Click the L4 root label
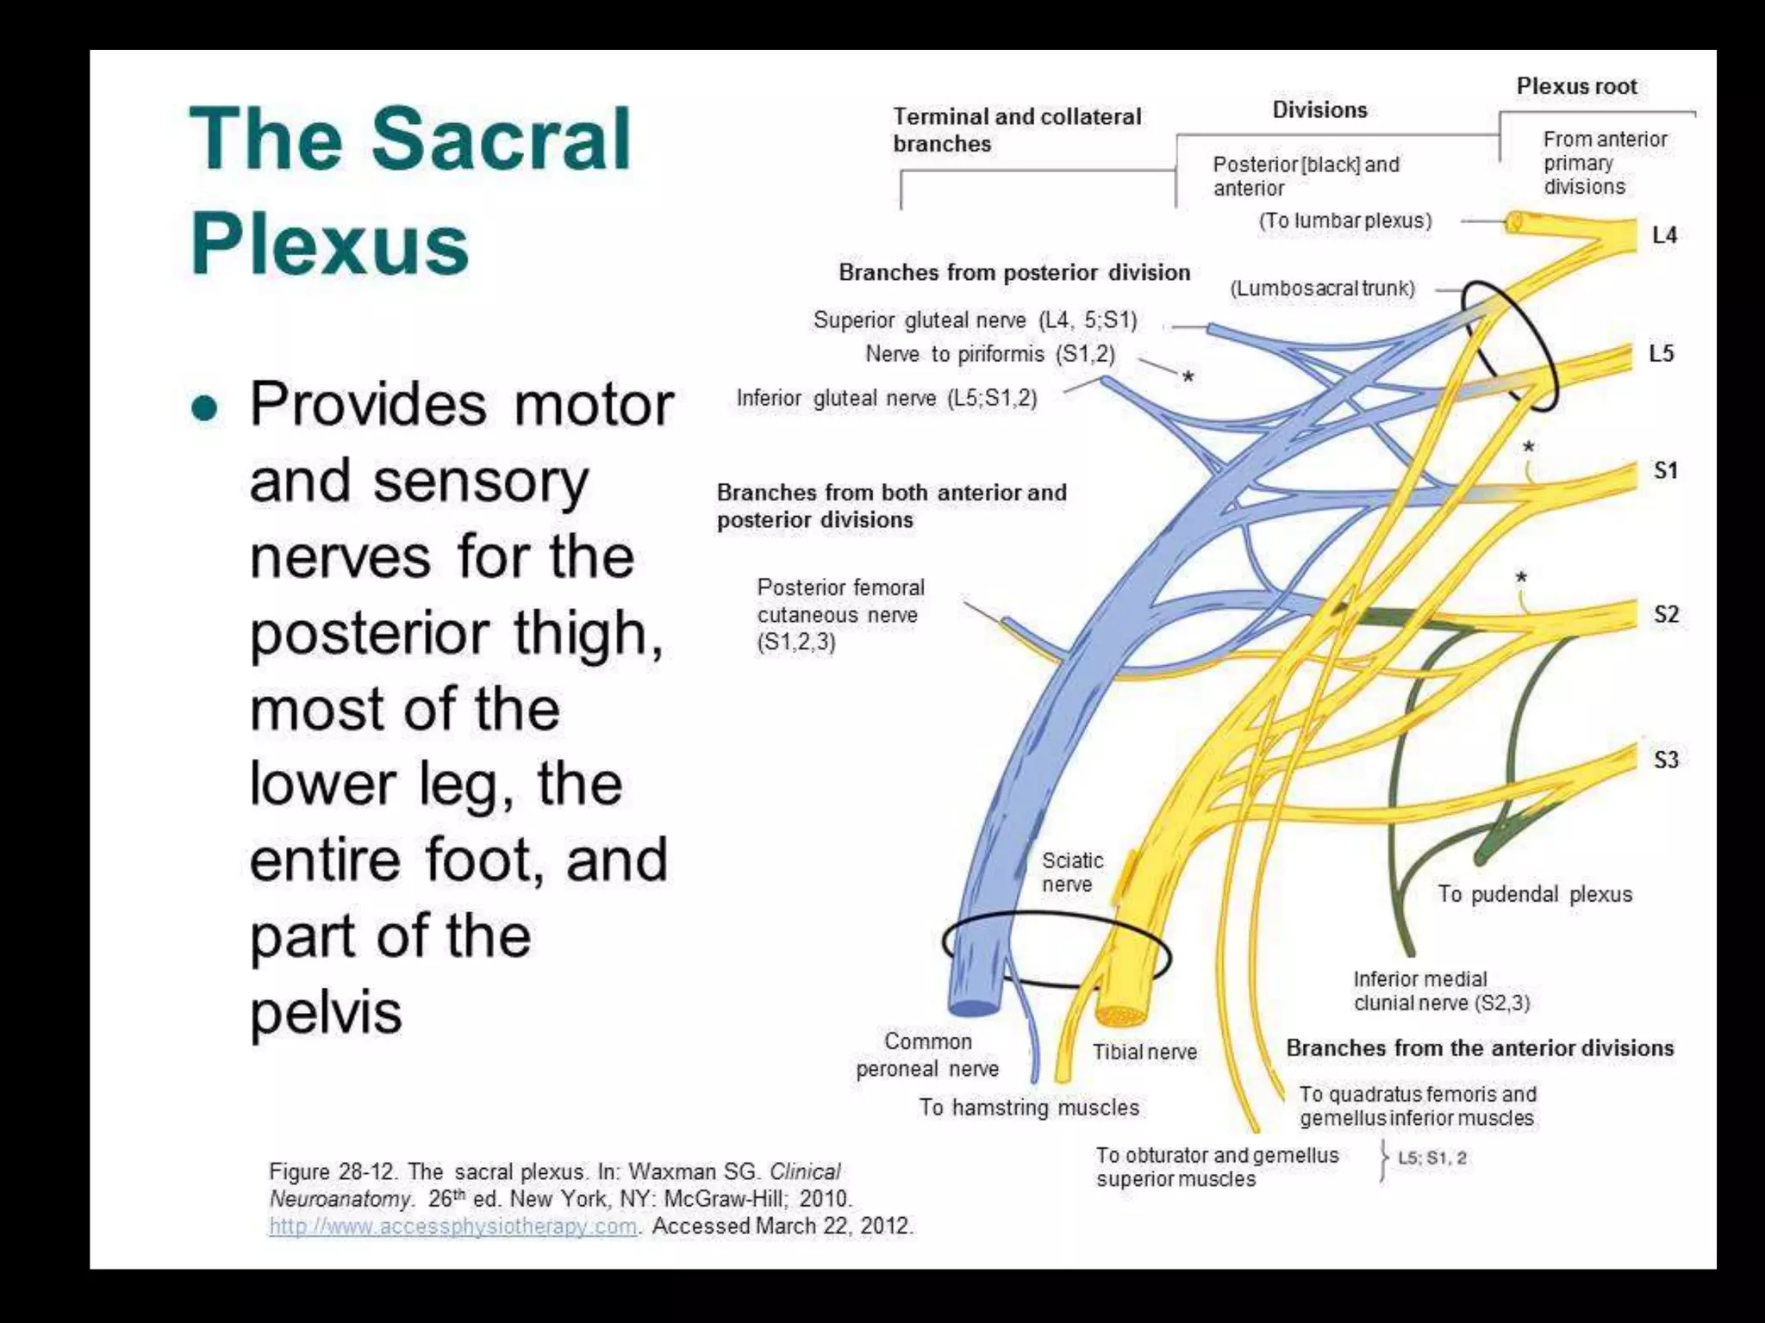[x=1664, y=235]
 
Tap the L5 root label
[x=1662, y=353]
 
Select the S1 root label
[x=1665, y=470]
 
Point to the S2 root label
[x=1666, y=614]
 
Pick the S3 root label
[x=1666, y=760]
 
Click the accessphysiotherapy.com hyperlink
[x=453, y=1226]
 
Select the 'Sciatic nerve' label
[x=1071, y=872]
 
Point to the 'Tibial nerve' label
[x=1144, y=1052]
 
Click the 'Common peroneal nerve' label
[x=927, y=1055]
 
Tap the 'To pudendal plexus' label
[x=1534, y=894]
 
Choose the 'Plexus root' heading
[x=1576, y=86]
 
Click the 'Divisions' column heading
[x=1319, y=110]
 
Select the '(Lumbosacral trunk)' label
[x=1322, y=289]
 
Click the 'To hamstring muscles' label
[x=1028, y=1107]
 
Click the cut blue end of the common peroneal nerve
[x=974, y=1005]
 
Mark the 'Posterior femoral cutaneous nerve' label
[x=839, y=615]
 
